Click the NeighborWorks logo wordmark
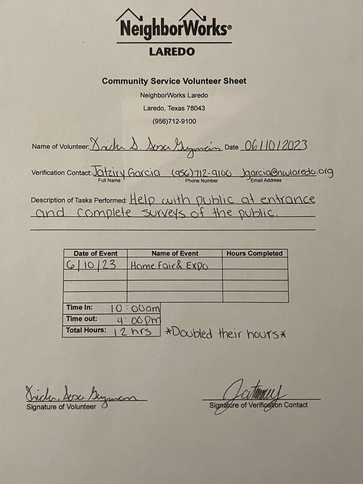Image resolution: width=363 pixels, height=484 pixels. pos(174,29)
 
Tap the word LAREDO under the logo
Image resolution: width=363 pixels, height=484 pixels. pos(172,51)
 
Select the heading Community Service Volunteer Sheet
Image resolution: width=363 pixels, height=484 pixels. pos(174,81)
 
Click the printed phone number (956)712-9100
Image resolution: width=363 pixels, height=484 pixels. pos(174,121)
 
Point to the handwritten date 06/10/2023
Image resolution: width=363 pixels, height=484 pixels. pos(275,146)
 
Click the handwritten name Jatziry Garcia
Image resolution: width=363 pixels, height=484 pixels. pos(126,172)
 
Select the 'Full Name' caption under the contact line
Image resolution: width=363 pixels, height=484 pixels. pos(109,180)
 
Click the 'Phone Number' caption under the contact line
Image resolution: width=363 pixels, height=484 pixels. pos(202,181)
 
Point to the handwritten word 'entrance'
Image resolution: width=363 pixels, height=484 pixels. pos(288,199)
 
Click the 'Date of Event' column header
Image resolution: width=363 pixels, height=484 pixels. pos(95,253)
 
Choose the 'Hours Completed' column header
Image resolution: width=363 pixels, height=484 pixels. pos(254,253)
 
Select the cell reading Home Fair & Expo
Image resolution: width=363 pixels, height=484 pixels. pos(169,265)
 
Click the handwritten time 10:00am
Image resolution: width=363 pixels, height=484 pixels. pos(135,309)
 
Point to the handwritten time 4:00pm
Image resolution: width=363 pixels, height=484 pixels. pos(138,320)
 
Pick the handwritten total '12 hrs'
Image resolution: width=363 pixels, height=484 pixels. pos(133,332)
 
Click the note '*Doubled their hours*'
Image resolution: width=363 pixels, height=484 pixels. pos(226,334)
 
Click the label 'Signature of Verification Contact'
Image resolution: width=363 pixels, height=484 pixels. pos(259,405)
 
